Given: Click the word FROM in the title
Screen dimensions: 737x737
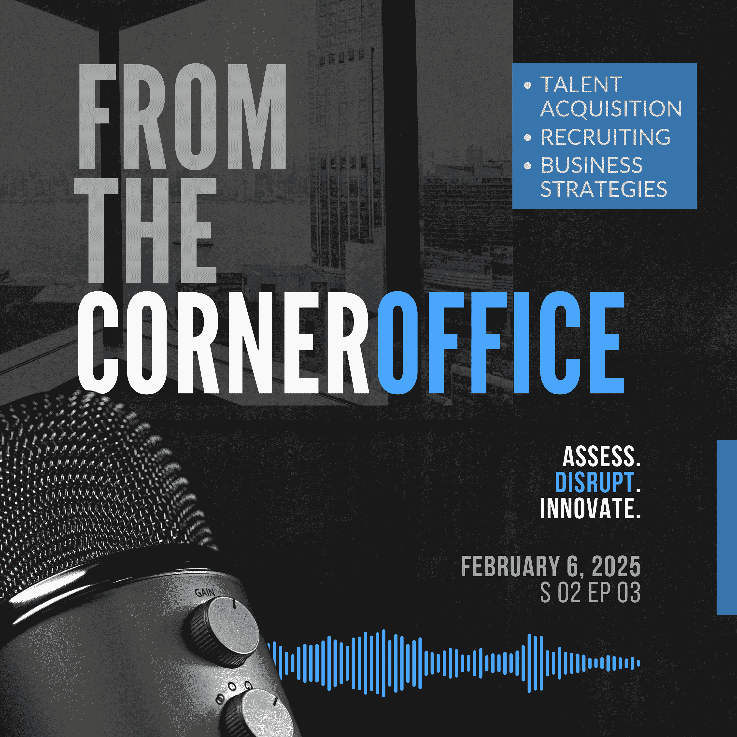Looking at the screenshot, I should pyautogui.click(x=182, y=116).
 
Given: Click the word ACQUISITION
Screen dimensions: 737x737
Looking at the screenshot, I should pyautogui.click(x=611, y=109).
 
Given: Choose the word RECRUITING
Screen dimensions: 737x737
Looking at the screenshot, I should pyautogui.click(x=605, y=137).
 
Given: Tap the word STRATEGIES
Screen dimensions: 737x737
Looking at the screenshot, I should pyautogui.click(x=604, y=189).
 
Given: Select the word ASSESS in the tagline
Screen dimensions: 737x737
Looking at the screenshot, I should pyautogui.click(x=598, y=457).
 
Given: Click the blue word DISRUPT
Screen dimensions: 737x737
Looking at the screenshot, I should pyautogui.click(x=594, y=482).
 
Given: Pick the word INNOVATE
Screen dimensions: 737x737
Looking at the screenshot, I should pyautogui.click(x=587, y=508).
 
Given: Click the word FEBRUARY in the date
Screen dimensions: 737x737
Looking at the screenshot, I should pyautogui.click(x=510, y=567).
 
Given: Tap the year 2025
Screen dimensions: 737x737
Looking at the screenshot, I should pyautogui.click(x=616, y=567).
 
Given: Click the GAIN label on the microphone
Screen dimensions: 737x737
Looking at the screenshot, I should pyautogui.click(x=205, y=592).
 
